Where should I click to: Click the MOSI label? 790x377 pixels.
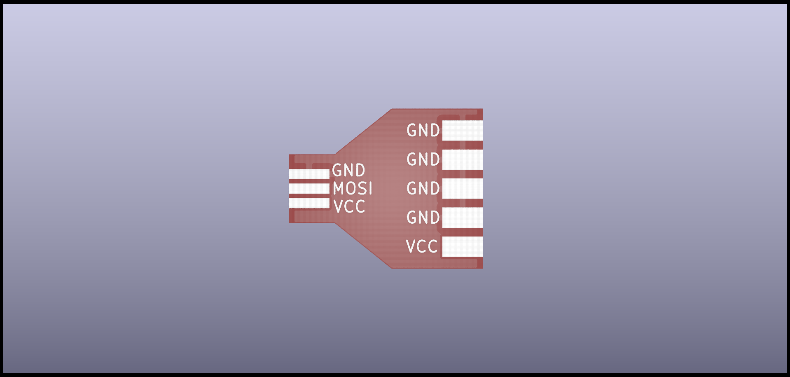[x=353, y=189]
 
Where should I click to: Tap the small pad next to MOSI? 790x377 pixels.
[x=309, y=189]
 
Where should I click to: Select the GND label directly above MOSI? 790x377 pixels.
[x=348, y=170]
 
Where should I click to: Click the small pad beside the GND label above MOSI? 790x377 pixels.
[x=309, y=174]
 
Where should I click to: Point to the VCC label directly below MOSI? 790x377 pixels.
[x=349, y=206]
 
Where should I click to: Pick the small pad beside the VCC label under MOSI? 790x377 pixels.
[x=309, y=203]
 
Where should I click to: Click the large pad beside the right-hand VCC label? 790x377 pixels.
[x=462, y=246]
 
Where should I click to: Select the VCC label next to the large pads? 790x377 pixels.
[x=422, y=246]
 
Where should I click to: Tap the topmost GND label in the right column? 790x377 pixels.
[x=423, y=130]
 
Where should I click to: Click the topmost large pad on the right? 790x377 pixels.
[x=462, y=130]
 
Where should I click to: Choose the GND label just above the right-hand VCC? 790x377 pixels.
[x=423, y=218]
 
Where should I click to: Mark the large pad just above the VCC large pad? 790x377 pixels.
[x=462, y=218]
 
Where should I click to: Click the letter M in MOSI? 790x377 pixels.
[x=339, y=189]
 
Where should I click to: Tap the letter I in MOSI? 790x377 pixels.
[x=370, y=189]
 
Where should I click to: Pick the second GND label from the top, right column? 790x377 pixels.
[x=423, y=159]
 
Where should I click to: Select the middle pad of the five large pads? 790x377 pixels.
[x=462, y=188]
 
